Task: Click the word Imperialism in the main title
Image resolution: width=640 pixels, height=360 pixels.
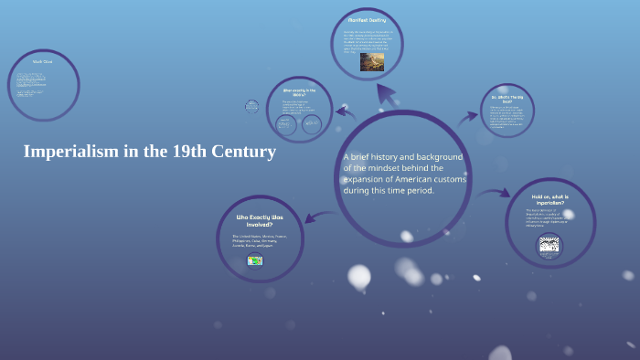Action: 69,152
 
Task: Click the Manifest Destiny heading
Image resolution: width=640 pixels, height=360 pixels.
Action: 367,19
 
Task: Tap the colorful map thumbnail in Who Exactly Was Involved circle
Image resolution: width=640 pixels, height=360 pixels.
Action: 255,260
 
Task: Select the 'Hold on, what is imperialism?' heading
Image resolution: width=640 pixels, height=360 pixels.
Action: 549,200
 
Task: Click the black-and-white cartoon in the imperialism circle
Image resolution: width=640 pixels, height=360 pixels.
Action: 549,245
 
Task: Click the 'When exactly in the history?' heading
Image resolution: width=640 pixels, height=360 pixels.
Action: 299,93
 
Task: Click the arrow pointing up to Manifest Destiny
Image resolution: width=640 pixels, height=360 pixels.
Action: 387,91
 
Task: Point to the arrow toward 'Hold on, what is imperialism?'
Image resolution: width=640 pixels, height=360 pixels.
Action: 496,193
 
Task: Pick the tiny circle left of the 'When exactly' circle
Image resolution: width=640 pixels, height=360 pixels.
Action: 251,107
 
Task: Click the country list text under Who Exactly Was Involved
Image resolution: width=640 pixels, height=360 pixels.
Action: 260,242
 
